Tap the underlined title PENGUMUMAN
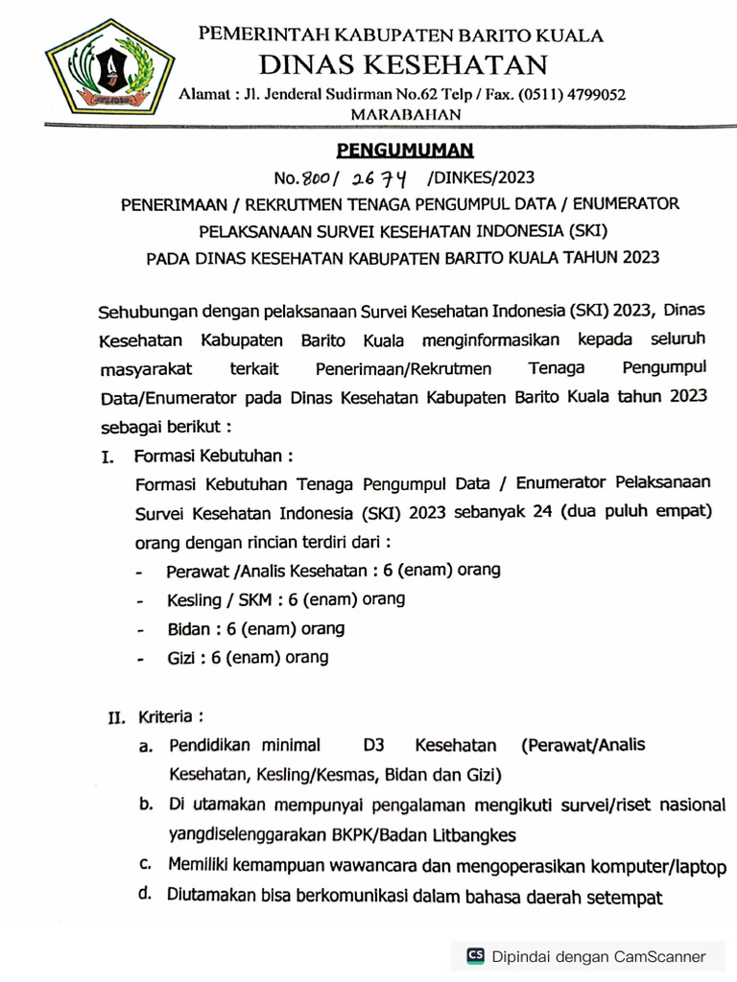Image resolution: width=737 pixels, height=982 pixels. point(404,151)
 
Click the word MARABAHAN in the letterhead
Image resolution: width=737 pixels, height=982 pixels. point(407,114)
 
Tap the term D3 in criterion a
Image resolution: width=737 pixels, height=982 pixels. point(374,745)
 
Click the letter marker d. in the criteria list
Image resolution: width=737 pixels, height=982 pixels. point(146,896)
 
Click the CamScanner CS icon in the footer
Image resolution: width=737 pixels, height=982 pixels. point(475,956)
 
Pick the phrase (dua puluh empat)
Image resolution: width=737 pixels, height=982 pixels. point(642,511)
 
